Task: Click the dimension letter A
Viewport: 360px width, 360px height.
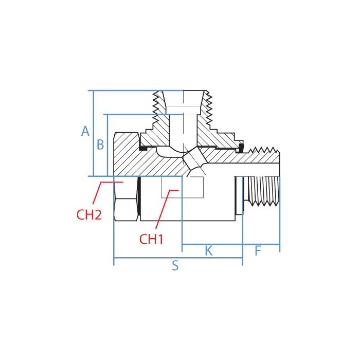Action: coord(85,132)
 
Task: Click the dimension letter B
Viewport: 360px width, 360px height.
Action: coord(100,145)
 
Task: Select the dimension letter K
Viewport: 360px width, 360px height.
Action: coord(208,250)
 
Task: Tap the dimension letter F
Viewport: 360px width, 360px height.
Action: coord(258,250)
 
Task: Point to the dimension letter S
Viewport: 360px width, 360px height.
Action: coord(175,266)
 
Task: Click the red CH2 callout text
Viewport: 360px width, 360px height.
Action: coord(89,215)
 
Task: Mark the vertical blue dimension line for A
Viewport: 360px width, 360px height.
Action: coord(93,134)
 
